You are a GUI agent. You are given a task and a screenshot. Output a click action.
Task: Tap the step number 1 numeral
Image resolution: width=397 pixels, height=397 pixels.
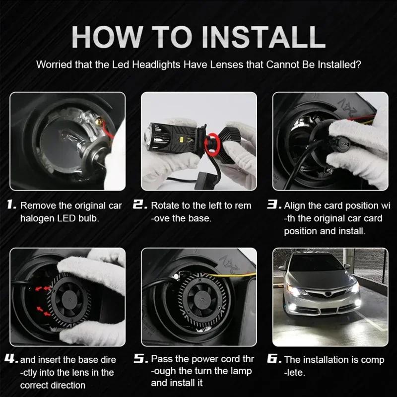[12, 205]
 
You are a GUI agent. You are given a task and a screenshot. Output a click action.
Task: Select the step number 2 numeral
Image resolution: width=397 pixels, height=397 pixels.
[140, 205]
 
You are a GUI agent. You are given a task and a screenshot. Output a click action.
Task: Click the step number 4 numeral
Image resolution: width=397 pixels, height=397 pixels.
[12, 359]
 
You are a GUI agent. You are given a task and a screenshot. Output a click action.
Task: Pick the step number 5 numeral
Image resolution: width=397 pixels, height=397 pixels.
[141, 359]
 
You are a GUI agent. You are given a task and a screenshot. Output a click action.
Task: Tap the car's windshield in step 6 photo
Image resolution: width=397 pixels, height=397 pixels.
[318, 268]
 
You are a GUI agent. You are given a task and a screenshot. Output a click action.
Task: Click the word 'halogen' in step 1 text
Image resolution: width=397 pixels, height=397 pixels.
[36, 218]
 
